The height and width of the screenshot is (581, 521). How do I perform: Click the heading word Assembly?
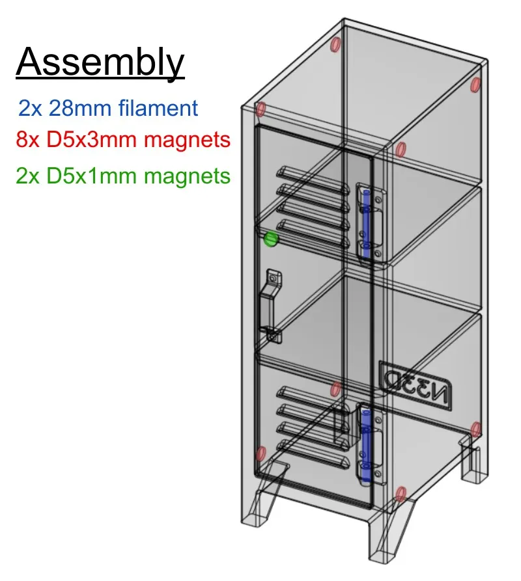pos(100,63)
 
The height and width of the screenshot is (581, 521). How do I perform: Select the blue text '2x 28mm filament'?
pos(108,108)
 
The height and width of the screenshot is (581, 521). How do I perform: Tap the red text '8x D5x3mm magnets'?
pos(124,140)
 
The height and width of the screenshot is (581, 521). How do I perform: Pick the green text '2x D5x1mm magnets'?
pos(124,175)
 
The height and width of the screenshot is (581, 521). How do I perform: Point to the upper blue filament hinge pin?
pos(366,221)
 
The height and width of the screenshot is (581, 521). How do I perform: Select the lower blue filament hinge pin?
pos(366,442)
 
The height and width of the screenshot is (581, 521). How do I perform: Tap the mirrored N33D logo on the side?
pos(414,383)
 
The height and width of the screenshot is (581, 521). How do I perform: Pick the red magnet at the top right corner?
pos(475,85)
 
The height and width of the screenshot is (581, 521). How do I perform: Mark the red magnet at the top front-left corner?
pos(260,109)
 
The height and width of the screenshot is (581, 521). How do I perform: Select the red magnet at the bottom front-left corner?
pos(261,452)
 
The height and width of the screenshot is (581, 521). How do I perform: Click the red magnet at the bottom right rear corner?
pos(475,429)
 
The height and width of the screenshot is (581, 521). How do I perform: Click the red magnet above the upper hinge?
pos(401,150)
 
